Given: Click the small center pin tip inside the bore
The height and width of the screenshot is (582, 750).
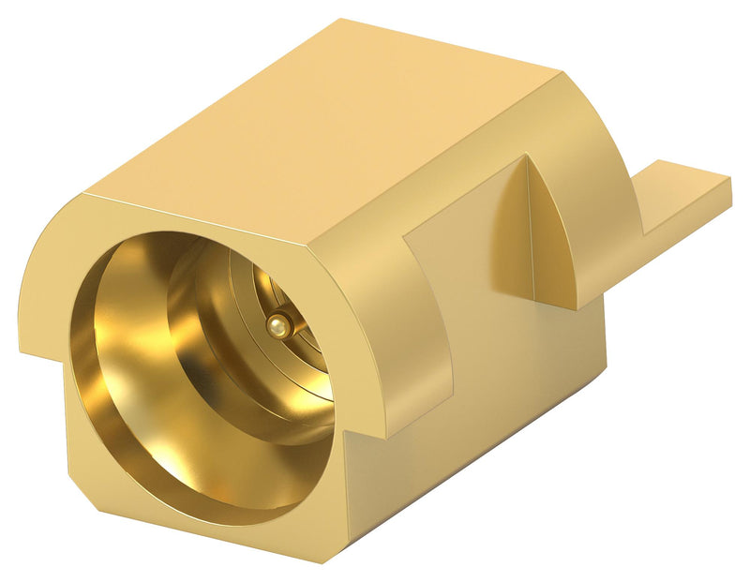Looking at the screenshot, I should (x=275, y=324).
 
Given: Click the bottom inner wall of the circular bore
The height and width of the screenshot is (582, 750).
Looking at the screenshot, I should (x=187, y=469).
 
